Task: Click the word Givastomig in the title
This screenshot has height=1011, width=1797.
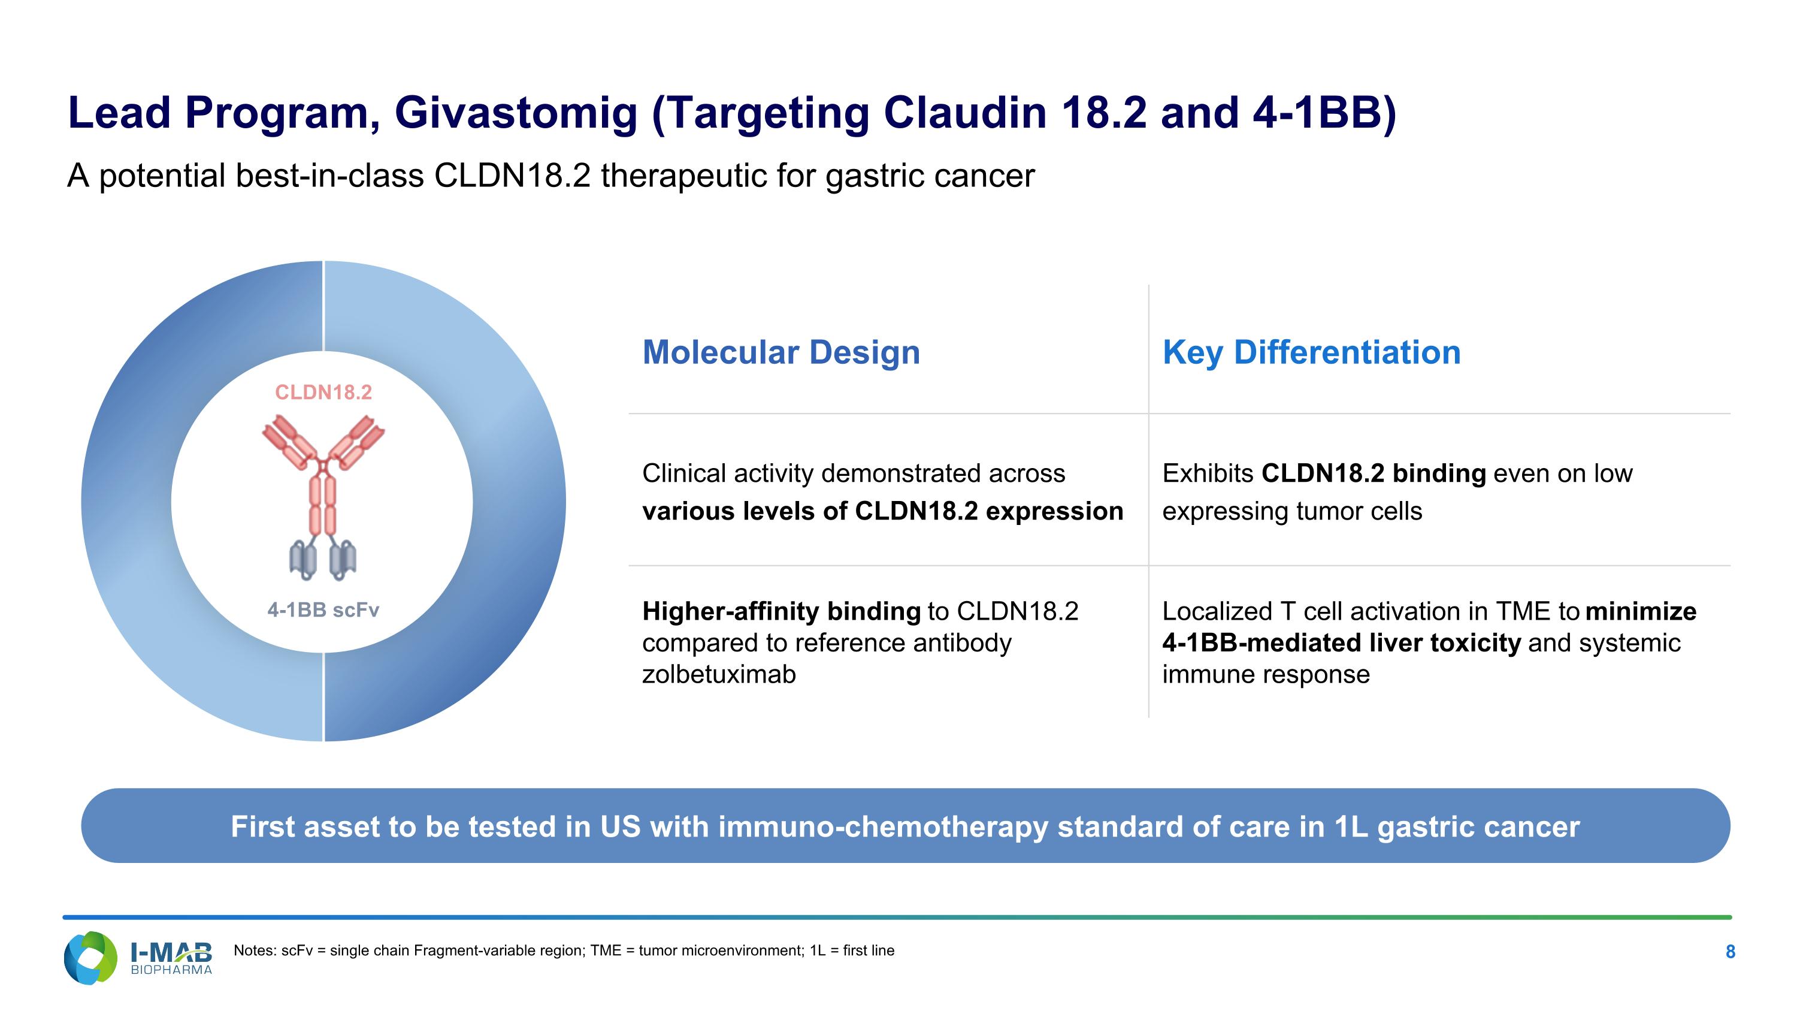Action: pos(516,113)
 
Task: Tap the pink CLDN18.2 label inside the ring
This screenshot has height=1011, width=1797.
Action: pos(323,392)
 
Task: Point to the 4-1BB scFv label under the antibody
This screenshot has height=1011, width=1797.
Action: pos(323,610)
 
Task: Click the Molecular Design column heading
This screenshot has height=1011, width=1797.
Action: pos(781,353)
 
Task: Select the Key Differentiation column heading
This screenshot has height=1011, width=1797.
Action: pos(1311,352)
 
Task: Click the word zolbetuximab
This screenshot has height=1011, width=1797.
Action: pos(719,675)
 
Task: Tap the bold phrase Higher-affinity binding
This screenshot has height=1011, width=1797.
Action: pos(781,612)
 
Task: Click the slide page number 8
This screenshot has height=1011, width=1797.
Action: pos(1730,952)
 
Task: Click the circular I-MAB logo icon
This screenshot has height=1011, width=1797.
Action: pos(90,957)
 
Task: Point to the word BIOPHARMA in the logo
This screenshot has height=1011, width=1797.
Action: pos(171,970)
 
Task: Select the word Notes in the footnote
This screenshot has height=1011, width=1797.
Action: pos(255,950)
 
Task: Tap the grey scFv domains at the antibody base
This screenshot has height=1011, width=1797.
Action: pos(323,560)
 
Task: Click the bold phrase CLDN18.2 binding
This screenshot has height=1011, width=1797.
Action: pos(1374,474)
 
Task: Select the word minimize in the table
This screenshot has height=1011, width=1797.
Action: pos(1641,611)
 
